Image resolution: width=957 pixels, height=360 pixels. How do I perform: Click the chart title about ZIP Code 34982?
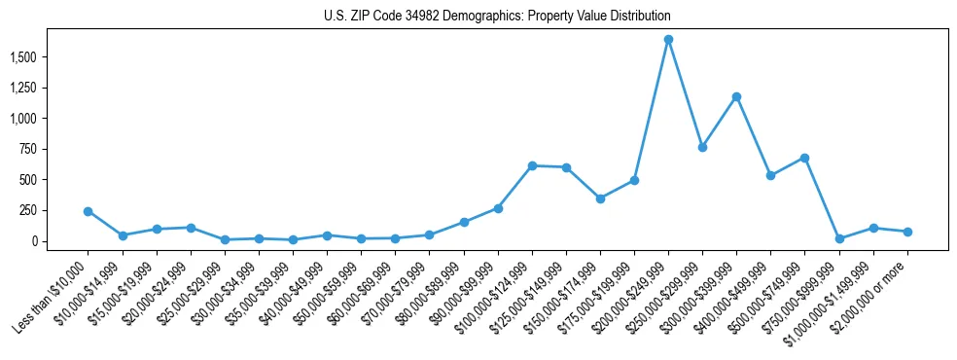coord(497,17)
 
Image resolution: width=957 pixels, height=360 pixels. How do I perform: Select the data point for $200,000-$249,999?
coord(668,40)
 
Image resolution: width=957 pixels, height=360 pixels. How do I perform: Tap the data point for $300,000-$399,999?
coord(736,96)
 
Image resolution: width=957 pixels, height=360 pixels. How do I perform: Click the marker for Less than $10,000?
coord(89,211)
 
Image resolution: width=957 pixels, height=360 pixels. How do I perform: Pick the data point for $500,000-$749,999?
coord(804,158)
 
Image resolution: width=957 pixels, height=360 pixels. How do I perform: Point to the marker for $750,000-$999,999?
coord(839,238)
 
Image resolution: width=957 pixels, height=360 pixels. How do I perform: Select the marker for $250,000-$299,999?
coord(702,147)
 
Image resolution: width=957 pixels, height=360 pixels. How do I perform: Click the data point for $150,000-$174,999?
coord(600,198)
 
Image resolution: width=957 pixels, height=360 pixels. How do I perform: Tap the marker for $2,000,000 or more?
coord(907,232)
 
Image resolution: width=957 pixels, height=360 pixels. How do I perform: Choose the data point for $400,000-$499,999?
coord(770,176)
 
